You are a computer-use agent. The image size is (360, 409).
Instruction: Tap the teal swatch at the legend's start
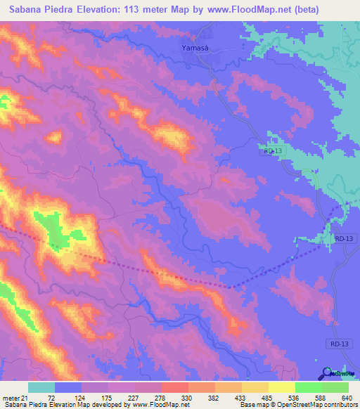click(41, 387)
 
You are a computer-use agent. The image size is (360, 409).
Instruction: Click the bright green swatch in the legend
click(309, 387)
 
